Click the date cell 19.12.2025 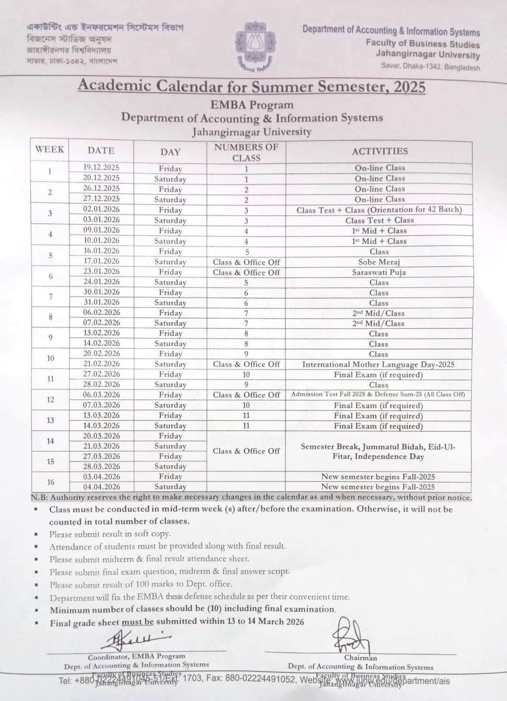click(x=101, y=167)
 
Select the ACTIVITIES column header click(x=379, y=151)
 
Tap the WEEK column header click(x=49, y=149)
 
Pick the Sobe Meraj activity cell click(x=379, y=262)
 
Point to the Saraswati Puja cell click(x=379, y=272)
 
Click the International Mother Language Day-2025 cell click(x=378, y=365)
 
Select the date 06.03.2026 click(x=101, y=395)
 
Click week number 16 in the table click(x=50, y=482)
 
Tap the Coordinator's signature click(x=131, y=640)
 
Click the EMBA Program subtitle click(x=252, y=105)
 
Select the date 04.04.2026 click(x=101, y=487)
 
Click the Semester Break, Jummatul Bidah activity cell click(x=378, y=451)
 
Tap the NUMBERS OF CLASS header click(x=246, y=152)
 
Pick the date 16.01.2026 click(x=101, y=251)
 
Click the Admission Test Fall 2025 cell click(x=378, y=394)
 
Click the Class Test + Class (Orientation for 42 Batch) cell click(x=379, y=210)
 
